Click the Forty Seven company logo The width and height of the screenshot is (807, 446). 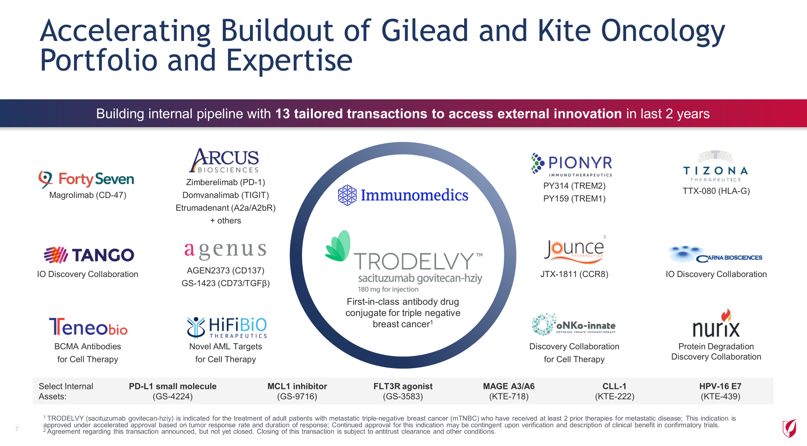(86, 179)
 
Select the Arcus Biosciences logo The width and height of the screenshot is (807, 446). (224, 160)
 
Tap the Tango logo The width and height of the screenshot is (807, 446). (89, 255)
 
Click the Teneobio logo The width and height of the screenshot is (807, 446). (88, 327)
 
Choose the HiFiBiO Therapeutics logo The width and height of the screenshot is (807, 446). (227, 328)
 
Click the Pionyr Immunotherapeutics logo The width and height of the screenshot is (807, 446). (572, 165)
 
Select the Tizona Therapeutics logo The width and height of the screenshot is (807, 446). (716, 167)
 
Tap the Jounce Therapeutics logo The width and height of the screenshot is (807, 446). (574, 250)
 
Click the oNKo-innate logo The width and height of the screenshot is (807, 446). (574, 324)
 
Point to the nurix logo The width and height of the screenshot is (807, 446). (716, 324)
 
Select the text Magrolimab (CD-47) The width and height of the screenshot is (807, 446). (88, 195)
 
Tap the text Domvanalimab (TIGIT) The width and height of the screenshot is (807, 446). (226, 195)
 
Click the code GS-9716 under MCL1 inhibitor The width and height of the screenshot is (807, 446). (297, 396)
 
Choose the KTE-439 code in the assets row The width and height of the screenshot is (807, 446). (720, 396)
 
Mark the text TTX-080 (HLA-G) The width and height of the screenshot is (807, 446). (716, 191)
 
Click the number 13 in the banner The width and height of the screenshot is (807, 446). (283, 114)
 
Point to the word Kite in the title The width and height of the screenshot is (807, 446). (564, 30)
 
